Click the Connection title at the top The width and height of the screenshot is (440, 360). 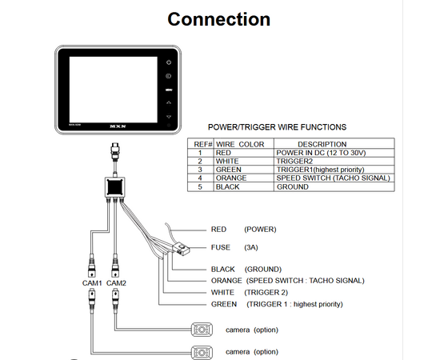[219, 19]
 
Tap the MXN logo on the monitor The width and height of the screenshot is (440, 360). [116, 127]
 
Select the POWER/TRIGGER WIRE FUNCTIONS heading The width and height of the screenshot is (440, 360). [277, 126]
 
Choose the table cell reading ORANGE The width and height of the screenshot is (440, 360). [229, 178]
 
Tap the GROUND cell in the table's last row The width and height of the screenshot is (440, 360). [292, 186]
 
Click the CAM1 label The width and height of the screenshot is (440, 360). [92, 283]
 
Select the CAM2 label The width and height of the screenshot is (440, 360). [117, 283]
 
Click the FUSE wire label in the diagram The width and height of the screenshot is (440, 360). [221, 247]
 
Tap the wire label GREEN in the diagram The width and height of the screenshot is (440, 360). [223, 304]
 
